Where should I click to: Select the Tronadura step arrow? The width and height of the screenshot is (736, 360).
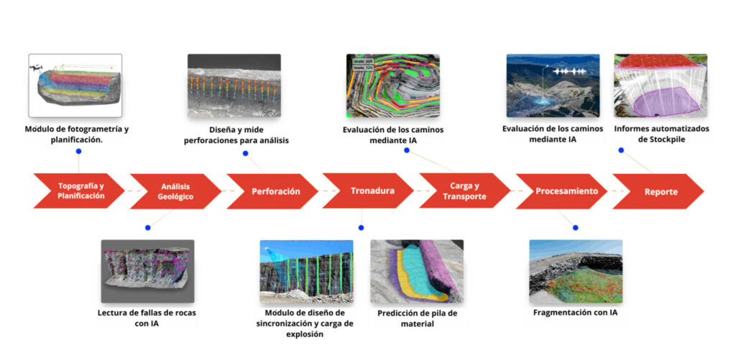(x=367, y=191)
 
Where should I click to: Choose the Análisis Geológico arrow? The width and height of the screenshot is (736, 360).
(x=176, y=191)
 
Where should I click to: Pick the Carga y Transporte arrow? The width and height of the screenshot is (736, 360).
(x=464, y=191)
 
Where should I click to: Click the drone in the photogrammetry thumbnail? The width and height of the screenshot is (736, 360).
(x=36, y=68)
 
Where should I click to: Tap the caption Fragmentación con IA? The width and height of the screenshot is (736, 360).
(x=575, y=313)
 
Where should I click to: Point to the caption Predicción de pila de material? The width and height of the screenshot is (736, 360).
(x=417, y=318)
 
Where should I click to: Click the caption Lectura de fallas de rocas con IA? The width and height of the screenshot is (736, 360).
(x=147, y=318)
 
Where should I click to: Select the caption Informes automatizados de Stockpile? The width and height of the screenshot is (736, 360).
(x=661, y=134)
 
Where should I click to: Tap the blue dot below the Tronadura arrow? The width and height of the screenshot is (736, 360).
(x=361, y=228)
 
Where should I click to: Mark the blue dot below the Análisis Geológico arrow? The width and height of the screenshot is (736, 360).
(x=147, y=228)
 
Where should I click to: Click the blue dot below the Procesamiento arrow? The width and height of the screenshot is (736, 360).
(x=575, y=228)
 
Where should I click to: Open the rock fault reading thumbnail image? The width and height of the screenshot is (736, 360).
(x=147, y=271)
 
